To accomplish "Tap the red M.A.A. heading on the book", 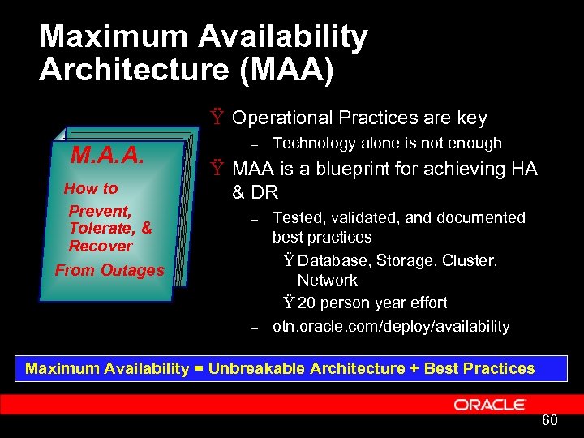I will point(108,155).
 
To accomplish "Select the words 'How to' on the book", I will point(91,188).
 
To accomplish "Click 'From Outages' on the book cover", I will point(109,270).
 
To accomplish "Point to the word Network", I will point(327,280).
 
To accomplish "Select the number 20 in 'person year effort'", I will point(307,303).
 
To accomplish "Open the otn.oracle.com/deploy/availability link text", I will point(391,326).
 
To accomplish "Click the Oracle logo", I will point(490,404).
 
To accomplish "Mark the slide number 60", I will point(549,420).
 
